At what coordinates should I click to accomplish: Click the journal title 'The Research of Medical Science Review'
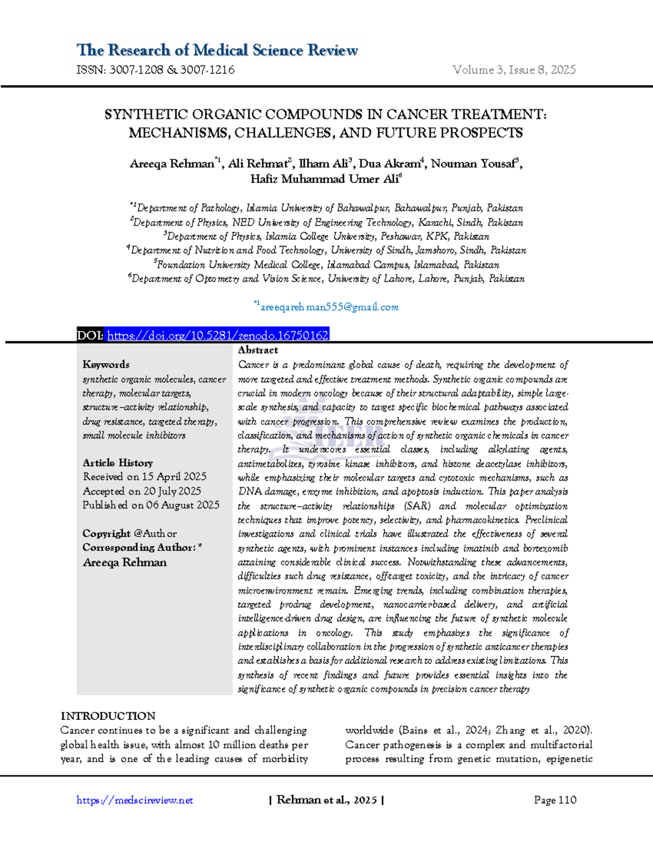point(217,50)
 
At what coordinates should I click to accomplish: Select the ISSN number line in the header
point(156,70)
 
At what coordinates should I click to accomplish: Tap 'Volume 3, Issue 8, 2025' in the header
point(514,70)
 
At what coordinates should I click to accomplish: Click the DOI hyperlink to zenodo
point(218,335)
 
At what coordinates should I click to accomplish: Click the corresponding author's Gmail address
point(329,307)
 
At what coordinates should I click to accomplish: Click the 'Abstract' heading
point(258,350)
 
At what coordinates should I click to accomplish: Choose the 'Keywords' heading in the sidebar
point(106,365)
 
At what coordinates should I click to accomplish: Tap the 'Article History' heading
point(118,463)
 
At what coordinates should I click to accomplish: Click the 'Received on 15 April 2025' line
point(145,477)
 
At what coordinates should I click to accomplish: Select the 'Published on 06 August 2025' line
point(151,505)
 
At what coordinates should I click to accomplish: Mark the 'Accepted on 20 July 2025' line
point(142,491)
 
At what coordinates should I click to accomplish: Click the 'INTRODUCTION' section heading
point(108,716)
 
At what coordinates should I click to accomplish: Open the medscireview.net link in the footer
point(135,800)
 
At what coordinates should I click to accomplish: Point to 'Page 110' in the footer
point(555,800)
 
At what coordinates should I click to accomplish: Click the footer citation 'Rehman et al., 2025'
point(326,800)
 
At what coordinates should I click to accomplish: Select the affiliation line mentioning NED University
point(327,223)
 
